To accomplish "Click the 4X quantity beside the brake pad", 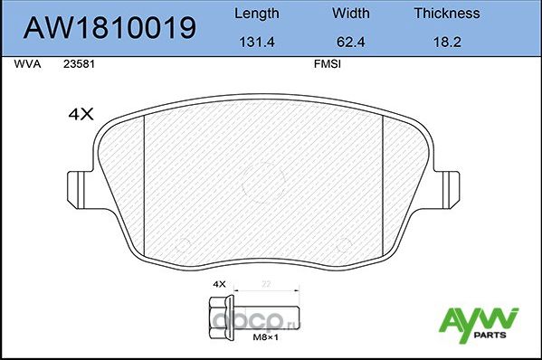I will pos(82,114).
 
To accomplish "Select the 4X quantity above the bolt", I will pos(218,284).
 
